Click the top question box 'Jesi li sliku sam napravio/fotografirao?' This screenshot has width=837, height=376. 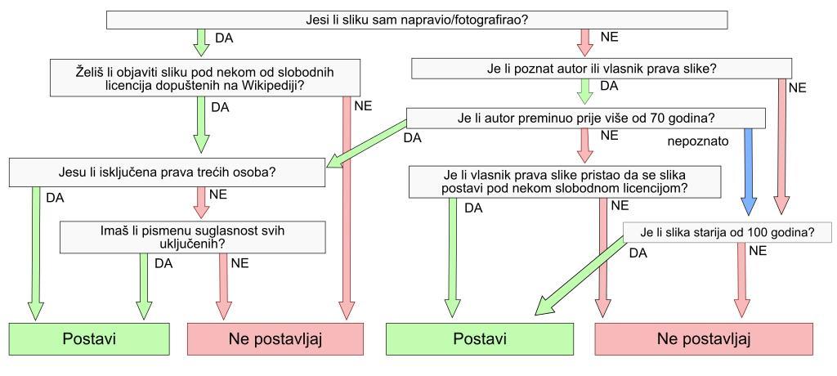click(417, 19)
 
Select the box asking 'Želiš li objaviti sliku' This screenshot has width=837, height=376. click(204, 78)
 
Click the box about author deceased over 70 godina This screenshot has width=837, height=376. click(585, 119)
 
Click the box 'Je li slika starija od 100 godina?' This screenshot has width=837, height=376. click(727, 231)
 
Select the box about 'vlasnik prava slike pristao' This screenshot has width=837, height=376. click(566, 181)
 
